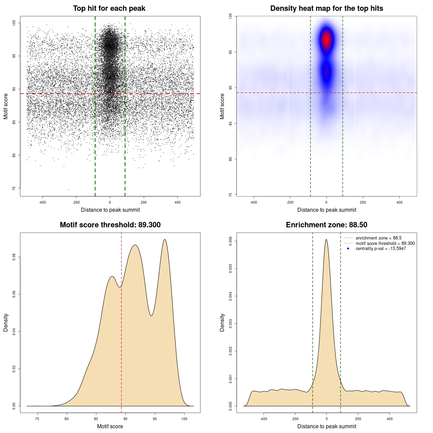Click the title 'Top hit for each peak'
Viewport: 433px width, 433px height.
click(109, 8)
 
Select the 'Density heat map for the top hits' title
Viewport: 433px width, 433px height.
click(326, 8)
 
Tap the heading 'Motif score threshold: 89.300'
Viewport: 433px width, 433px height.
click(110, 225)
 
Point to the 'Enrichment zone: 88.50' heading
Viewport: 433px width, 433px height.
click(326, 225)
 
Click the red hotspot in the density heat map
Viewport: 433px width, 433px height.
click(326, 39)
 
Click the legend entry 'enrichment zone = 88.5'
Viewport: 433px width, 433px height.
click(379, 238)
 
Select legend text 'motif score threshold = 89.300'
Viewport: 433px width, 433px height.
click(385, 243)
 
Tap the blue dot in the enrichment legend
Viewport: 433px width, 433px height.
click(348, 249)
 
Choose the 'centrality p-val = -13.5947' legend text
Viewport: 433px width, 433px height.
click(381, 249)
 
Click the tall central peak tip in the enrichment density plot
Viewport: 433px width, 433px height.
click(326, 240)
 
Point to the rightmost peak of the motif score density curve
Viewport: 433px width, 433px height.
click(165, 240)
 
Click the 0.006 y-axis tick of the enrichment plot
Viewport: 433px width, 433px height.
click(231, 241)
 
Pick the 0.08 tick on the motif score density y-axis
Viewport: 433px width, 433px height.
click(14, 257)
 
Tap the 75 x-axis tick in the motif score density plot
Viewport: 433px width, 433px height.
click(37, 419)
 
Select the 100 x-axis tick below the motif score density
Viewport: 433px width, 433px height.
click(184, 419)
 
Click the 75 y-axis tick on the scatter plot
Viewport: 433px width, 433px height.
click(14, 188)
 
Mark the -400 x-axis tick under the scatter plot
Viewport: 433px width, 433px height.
click(42, 202)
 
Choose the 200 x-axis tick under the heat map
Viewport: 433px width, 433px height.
click(363, 202)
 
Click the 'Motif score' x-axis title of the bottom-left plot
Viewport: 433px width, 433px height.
click(110, 426)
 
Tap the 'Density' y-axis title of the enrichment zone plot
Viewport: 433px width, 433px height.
click(222, 322)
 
